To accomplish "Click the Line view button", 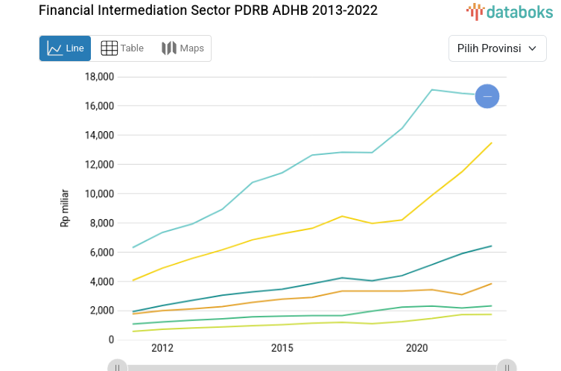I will click(x=65, y=48).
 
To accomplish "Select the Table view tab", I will click(x=121, y=48).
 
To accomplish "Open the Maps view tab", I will click(x=183, y=48).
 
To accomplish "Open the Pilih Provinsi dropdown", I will click(x=497, y=48).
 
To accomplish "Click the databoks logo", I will click(x=510, y=11).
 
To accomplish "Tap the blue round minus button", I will click(x=487, y=96).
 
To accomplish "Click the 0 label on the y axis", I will click(x=111, y=340).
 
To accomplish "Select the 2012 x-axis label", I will click(x=162, y=348).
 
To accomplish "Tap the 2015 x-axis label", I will click(x=282, y=348).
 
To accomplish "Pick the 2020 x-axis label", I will click(x=416, y=348).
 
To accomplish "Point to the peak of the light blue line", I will click(x=432, y=89).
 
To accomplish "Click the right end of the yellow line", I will click(x=491, y=143).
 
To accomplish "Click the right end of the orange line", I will click(x=491, y=283).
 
